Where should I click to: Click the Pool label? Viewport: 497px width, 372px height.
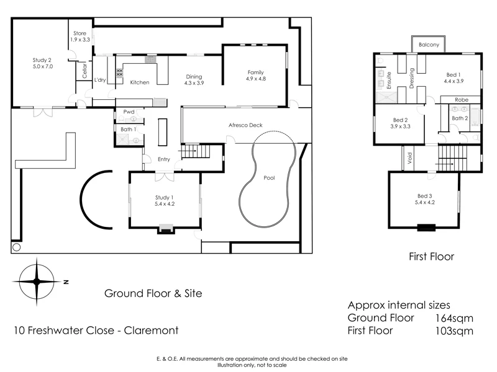point(269,177)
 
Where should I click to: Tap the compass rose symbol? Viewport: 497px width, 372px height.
point(37,281)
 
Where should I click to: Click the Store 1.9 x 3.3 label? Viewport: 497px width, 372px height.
point(80,36)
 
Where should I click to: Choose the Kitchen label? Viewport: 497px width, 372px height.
point(139,82)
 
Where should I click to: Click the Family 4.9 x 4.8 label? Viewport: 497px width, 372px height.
point(255,75)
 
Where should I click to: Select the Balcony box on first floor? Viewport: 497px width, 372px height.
point(428,45)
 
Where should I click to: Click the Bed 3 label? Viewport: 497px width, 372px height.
point(425,198)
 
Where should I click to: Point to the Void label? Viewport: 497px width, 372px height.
point(409,158)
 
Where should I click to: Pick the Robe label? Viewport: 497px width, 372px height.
point(461,99)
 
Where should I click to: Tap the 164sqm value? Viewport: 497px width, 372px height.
point(455,317)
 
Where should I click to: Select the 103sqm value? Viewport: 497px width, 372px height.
point(455,330)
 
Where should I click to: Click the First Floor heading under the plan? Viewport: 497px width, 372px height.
point(431,256)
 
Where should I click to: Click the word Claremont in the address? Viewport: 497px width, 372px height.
point(152,330)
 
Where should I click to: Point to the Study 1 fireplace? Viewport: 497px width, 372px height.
point(165,229)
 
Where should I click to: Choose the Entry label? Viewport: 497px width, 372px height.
point(164,159)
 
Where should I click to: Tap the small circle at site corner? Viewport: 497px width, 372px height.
point(17,247)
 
